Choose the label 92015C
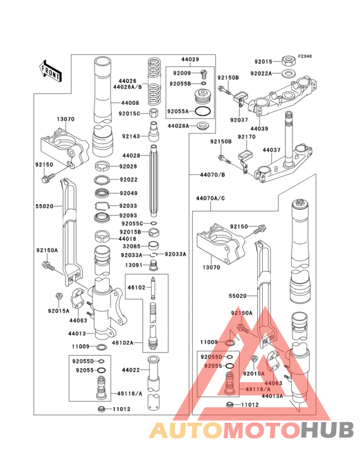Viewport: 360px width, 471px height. tap(130, 113)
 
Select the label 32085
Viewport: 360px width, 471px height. tap(131, 245)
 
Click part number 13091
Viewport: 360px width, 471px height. tap(133, 264)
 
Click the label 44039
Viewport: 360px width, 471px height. tap(259, 129)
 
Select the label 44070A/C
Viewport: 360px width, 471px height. tap(211, 199)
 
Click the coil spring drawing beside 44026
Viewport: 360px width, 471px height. tap(153, 82)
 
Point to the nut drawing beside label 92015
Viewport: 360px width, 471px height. tap(289, 61)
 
